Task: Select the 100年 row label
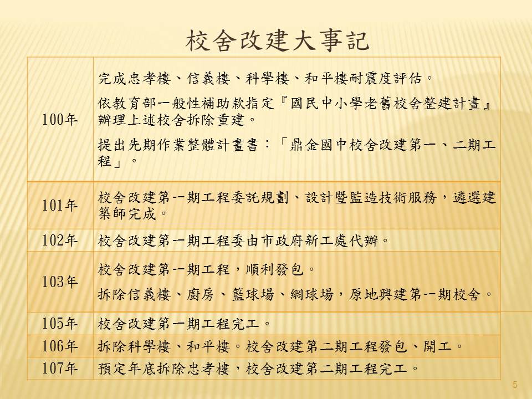pos(60,120)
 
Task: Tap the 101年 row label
pos(60,205)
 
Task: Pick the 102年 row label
pos(60,240)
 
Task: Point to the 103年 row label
pos(60,282)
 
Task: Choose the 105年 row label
pos(60,323)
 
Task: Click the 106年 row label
pos(60,346)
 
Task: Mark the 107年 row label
pos(60,368)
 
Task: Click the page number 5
pos(515,385)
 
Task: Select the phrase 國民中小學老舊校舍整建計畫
pos(386,103)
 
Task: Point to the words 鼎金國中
pos(319,145)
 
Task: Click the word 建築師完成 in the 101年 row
pos(127,214)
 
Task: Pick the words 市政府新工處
pos(304,241)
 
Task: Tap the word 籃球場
pos(253,294)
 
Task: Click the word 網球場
pos(312,294)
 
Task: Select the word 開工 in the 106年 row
pos(437,346)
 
